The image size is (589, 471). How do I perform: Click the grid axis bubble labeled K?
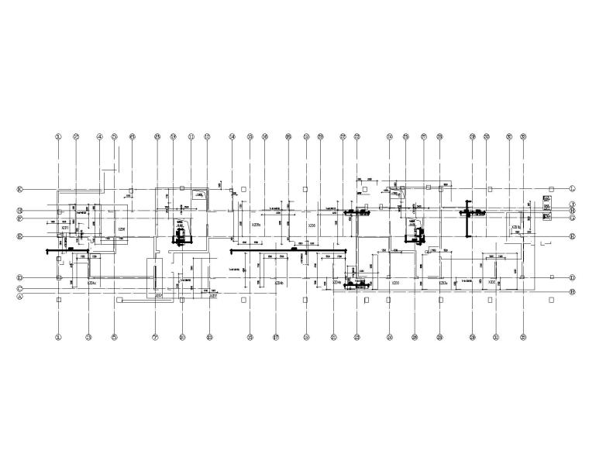tap(19, 188)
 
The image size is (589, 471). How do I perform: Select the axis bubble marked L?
tap(572, 188)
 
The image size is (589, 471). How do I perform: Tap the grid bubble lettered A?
tap(19, 296)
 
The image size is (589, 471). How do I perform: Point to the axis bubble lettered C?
tap(19, 289)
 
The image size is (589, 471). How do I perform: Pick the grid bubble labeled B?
tap(572, 291)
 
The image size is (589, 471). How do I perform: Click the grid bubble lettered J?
tap(572, 203)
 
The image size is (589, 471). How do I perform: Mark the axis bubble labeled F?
tap(19, 218)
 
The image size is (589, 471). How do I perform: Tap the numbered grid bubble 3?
tap(89, 337)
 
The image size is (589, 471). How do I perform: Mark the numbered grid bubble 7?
tap(155, 337)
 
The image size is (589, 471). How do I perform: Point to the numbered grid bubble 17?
tap(276, 337)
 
